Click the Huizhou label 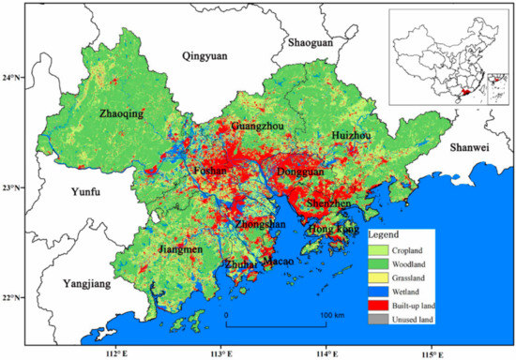(x=351, y=135)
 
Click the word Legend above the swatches (x=387, y=232)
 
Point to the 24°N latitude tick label (x=14, y=77)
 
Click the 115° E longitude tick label (x=431, y=352)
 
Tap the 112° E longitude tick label (x=115, y=352)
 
